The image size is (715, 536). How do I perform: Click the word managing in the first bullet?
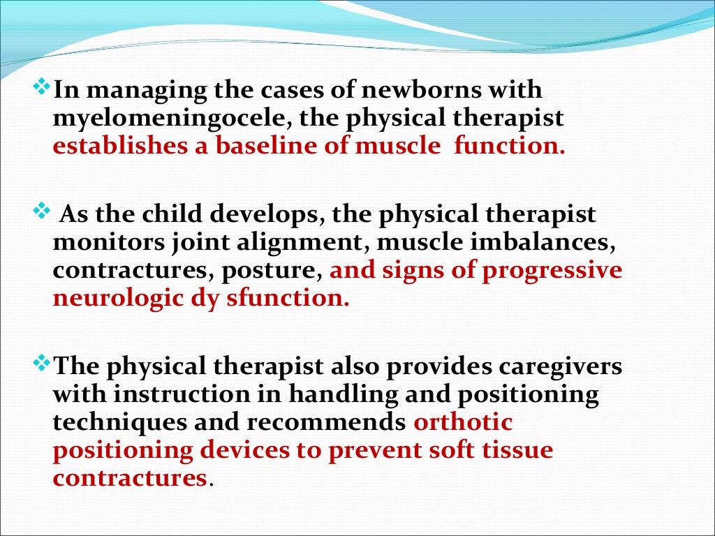pos(133,91)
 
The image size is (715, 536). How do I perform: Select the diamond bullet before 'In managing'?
pos(43,89)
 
